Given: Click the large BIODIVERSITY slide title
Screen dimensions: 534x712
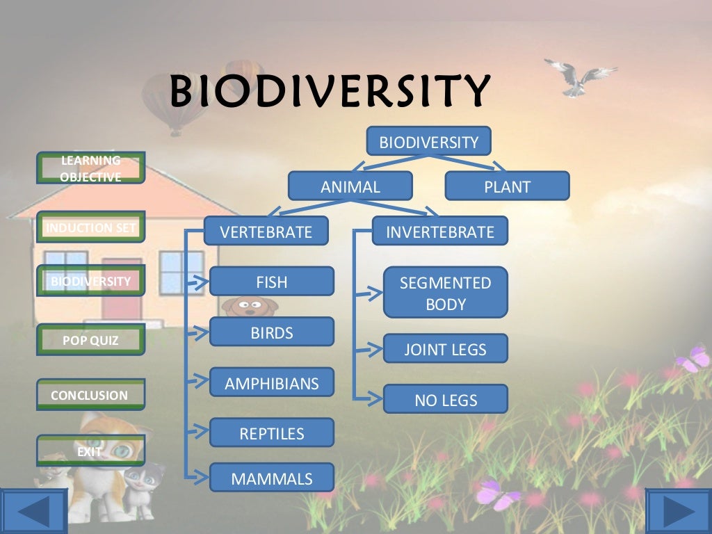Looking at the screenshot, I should (x=330, y=92).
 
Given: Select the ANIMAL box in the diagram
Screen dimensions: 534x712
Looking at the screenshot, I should (x=350, y=186).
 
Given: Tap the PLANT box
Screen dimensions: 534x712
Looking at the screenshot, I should (x=507, y=186).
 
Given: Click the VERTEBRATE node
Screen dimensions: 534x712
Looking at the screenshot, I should (x=266, y=232).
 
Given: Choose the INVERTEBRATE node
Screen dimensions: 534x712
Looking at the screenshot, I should (x=439, y=232).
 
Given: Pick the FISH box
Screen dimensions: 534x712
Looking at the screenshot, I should (x=271, y=282).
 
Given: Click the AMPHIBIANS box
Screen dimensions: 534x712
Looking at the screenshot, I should (x=271, y=383).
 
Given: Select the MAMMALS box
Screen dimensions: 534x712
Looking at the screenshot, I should (x=271, y=478).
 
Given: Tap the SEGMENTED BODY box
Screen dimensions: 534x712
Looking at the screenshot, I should (x=445, y=293).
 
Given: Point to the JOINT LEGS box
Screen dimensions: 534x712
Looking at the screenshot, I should (x=445, y=349).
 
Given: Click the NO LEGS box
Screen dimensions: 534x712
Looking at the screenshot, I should (x=445, y=400).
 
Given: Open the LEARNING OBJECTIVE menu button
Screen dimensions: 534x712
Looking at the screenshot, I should (x=90, y=168).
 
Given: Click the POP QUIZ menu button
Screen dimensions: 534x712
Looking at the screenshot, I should (x=90, y=340).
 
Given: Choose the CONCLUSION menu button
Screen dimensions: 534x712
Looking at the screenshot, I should (x=90, y=395).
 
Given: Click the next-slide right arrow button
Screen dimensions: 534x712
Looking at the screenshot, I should (x=678, y=511).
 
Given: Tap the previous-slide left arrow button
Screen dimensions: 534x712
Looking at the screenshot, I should (x=33, y=511).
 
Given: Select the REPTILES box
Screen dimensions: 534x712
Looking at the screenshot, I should (x=271, y=433).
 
